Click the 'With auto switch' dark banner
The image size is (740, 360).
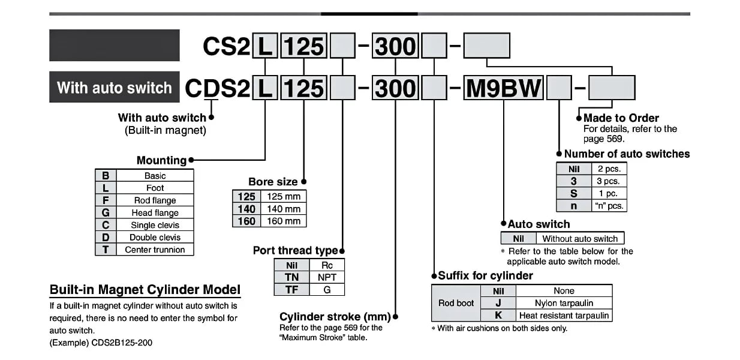[x=114, y=88]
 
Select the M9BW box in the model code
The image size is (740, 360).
[x=504, y=89]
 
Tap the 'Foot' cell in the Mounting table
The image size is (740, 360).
[x=155, y=188]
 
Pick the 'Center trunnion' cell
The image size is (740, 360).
[x=155, y=250]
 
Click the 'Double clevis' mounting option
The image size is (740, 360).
[x=155, y=238]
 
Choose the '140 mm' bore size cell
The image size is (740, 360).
[x=284, y=209]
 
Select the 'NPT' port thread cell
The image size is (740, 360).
[x=327, y=277]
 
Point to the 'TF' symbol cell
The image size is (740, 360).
[x=291, y=289]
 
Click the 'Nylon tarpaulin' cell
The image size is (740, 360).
[x=564, y=303]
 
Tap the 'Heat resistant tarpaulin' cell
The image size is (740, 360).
[x=564, y=315]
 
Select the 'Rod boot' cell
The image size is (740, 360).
[x=456, y=303]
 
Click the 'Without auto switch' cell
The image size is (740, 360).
[x=579, y=238]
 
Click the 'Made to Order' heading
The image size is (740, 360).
[x=621, y=118]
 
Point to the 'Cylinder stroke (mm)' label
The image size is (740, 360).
[x=335, y=316]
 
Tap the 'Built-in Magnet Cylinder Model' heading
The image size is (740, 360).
[x=145, y=290]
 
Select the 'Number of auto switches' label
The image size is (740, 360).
[x=627, y=154]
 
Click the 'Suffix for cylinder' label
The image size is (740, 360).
[x=485, y=276]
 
